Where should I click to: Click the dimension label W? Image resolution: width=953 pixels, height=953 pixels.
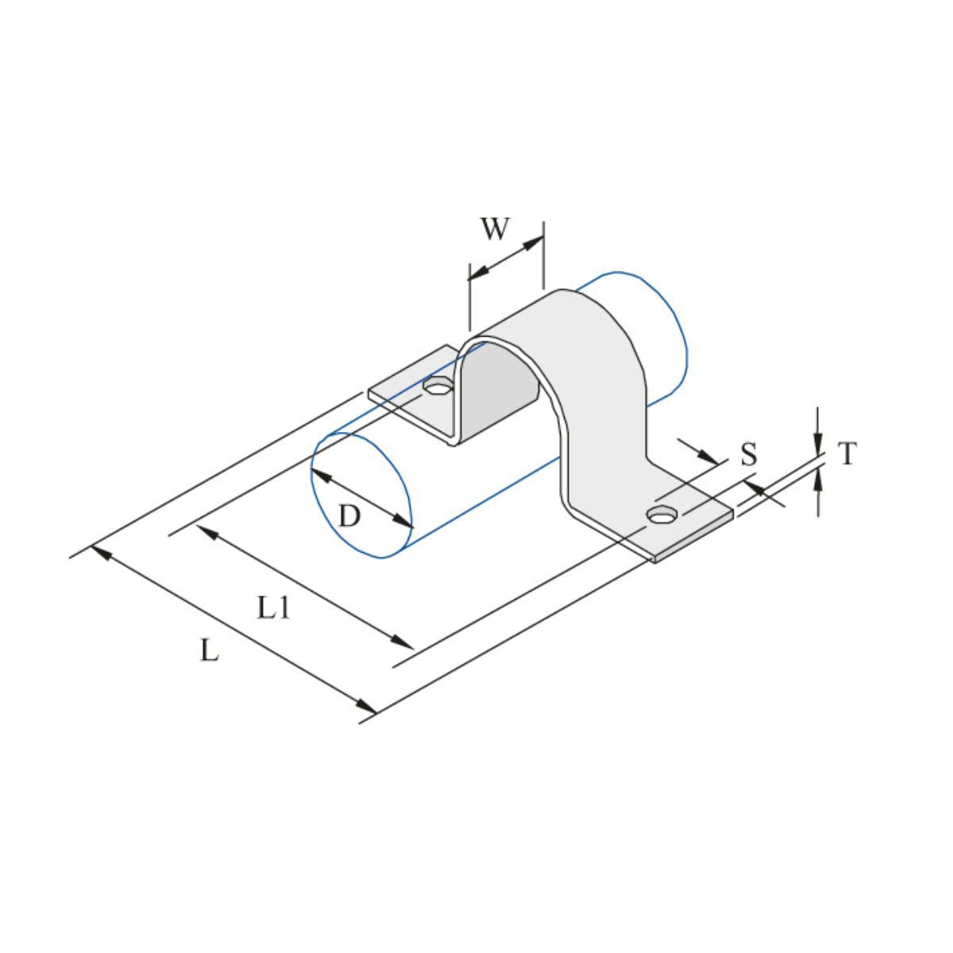pyautogui.click(x=494, y=229)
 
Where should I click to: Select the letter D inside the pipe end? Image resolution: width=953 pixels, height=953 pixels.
pyautogui.click(x=349, y=517)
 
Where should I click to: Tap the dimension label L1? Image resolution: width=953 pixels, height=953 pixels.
pyautogui.click(x=274, y=608)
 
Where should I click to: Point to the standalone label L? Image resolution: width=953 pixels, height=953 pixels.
pyautogui.click(x=208, y=652)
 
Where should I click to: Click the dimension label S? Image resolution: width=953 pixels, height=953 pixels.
pyautogui.click(x=748, y=455)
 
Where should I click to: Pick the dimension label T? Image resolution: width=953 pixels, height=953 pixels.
pyautogui.click(x=847, y=454)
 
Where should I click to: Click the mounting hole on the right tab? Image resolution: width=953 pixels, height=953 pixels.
pyautogui.click(x=661, y=515)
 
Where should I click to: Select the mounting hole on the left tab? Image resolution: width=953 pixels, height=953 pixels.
pyautogui.click(x=437, y=388)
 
